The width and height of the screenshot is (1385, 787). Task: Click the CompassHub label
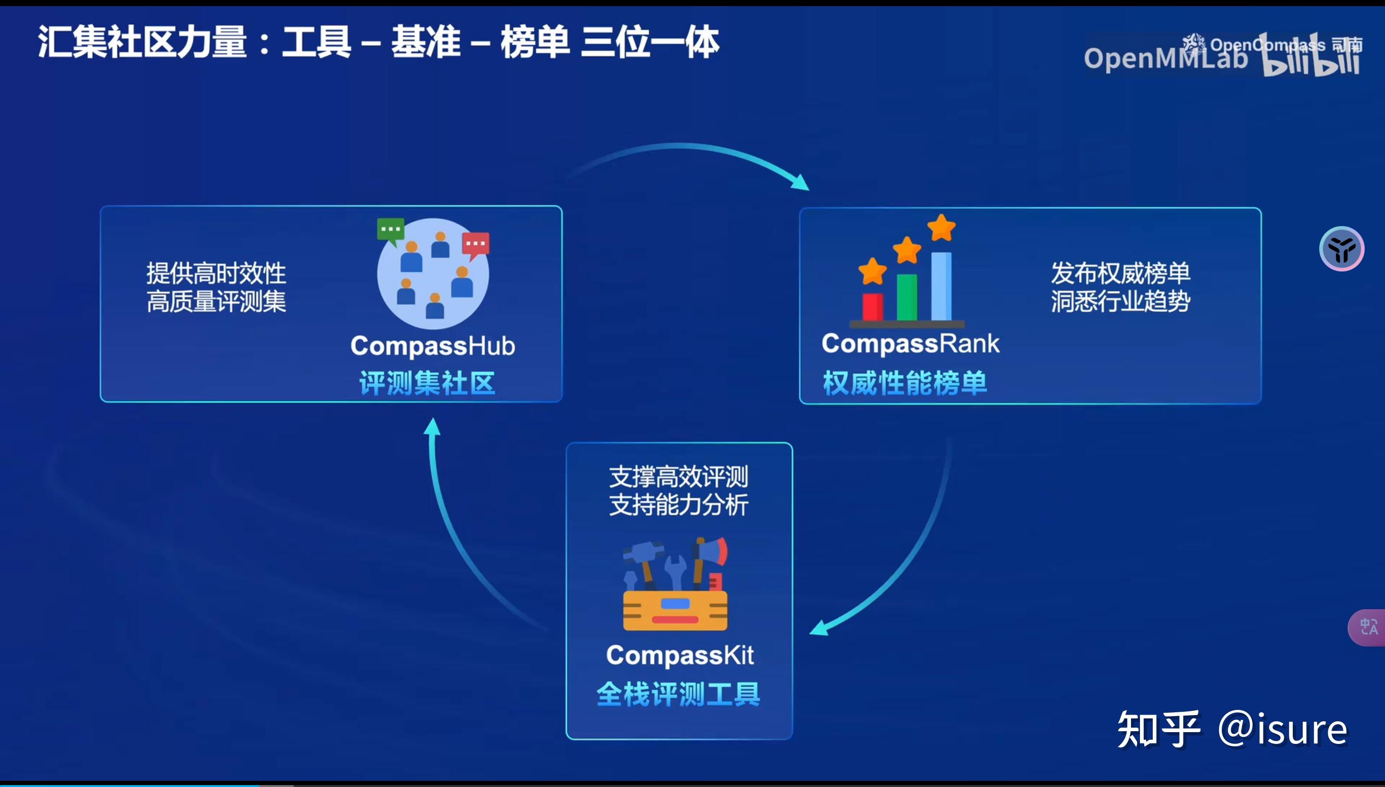tap(432, 346)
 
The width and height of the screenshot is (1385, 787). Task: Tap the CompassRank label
tap(911, 344)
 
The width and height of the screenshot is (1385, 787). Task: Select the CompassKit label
tap(680, 656)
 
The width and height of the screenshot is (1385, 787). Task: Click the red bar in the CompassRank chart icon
tap(873, 307)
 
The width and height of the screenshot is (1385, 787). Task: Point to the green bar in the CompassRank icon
tap(907, 297)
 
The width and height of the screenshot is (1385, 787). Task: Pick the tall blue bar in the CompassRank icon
tap(941, 287)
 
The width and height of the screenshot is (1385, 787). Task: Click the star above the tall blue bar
tap(942, 227)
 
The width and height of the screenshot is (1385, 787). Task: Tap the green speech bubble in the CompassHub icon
tap(390, 229)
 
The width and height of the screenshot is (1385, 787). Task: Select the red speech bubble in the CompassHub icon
tap(476, 244)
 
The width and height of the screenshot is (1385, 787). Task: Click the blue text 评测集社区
tap(427, 383)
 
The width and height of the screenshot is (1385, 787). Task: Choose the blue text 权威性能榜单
tap(905, 383)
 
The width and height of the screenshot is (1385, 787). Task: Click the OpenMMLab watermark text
tap(1165, 58)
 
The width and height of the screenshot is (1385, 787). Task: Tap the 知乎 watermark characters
tap(1158, 729)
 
